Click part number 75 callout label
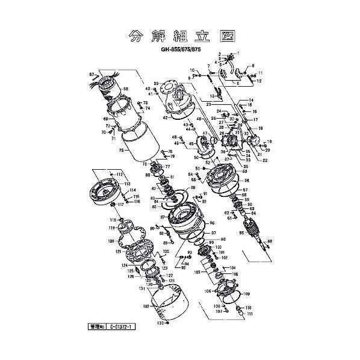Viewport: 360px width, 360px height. pyautogui.click(x=121, y=151)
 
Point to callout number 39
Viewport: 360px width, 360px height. pyautogui.click(x=155, y=83)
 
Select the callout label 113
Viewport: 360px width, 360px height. pyautogui.click(x=127, y=183)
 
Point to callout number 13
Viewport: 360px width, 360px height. pyautogui.click(x=213, y=96)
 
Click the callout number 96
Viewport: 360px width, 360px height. pyautogui.click(x=213, y=231)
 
